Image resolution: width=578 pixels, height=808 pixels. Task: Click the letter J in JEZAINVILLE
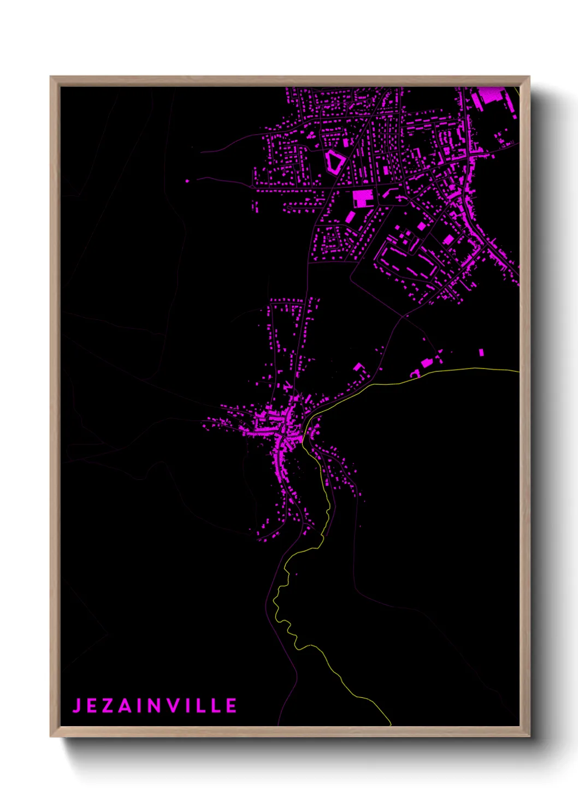coord(77,705)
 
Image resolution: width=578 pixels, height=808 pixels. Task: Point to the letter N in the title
coord(155,705)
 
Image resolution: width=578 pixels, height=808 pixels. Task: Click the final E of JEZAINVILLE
coord(231,705)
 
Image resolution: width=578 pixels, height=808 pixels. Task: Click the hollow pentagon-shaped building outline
coord(334,162)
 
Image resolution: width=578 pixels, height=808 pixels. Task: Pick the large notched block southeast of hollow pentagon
coord(363,198)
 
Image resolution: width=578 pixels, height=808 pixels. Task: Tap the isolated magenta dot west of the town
coord(187,181)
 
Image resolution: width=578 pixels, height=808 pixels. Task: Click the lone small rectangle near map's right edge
coord(481,353)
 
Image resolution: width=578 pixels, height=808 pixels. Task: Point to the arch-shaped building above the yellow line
coord(415,373)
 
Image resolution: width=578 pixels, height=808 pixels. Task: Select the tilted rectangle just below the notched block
coord(350,217)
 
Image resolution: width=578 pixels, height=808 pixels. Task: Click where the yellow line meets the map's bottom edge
coord(391,725)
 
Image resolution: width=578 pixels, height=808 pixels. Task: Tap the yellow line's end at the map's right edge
coord(518,372)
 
